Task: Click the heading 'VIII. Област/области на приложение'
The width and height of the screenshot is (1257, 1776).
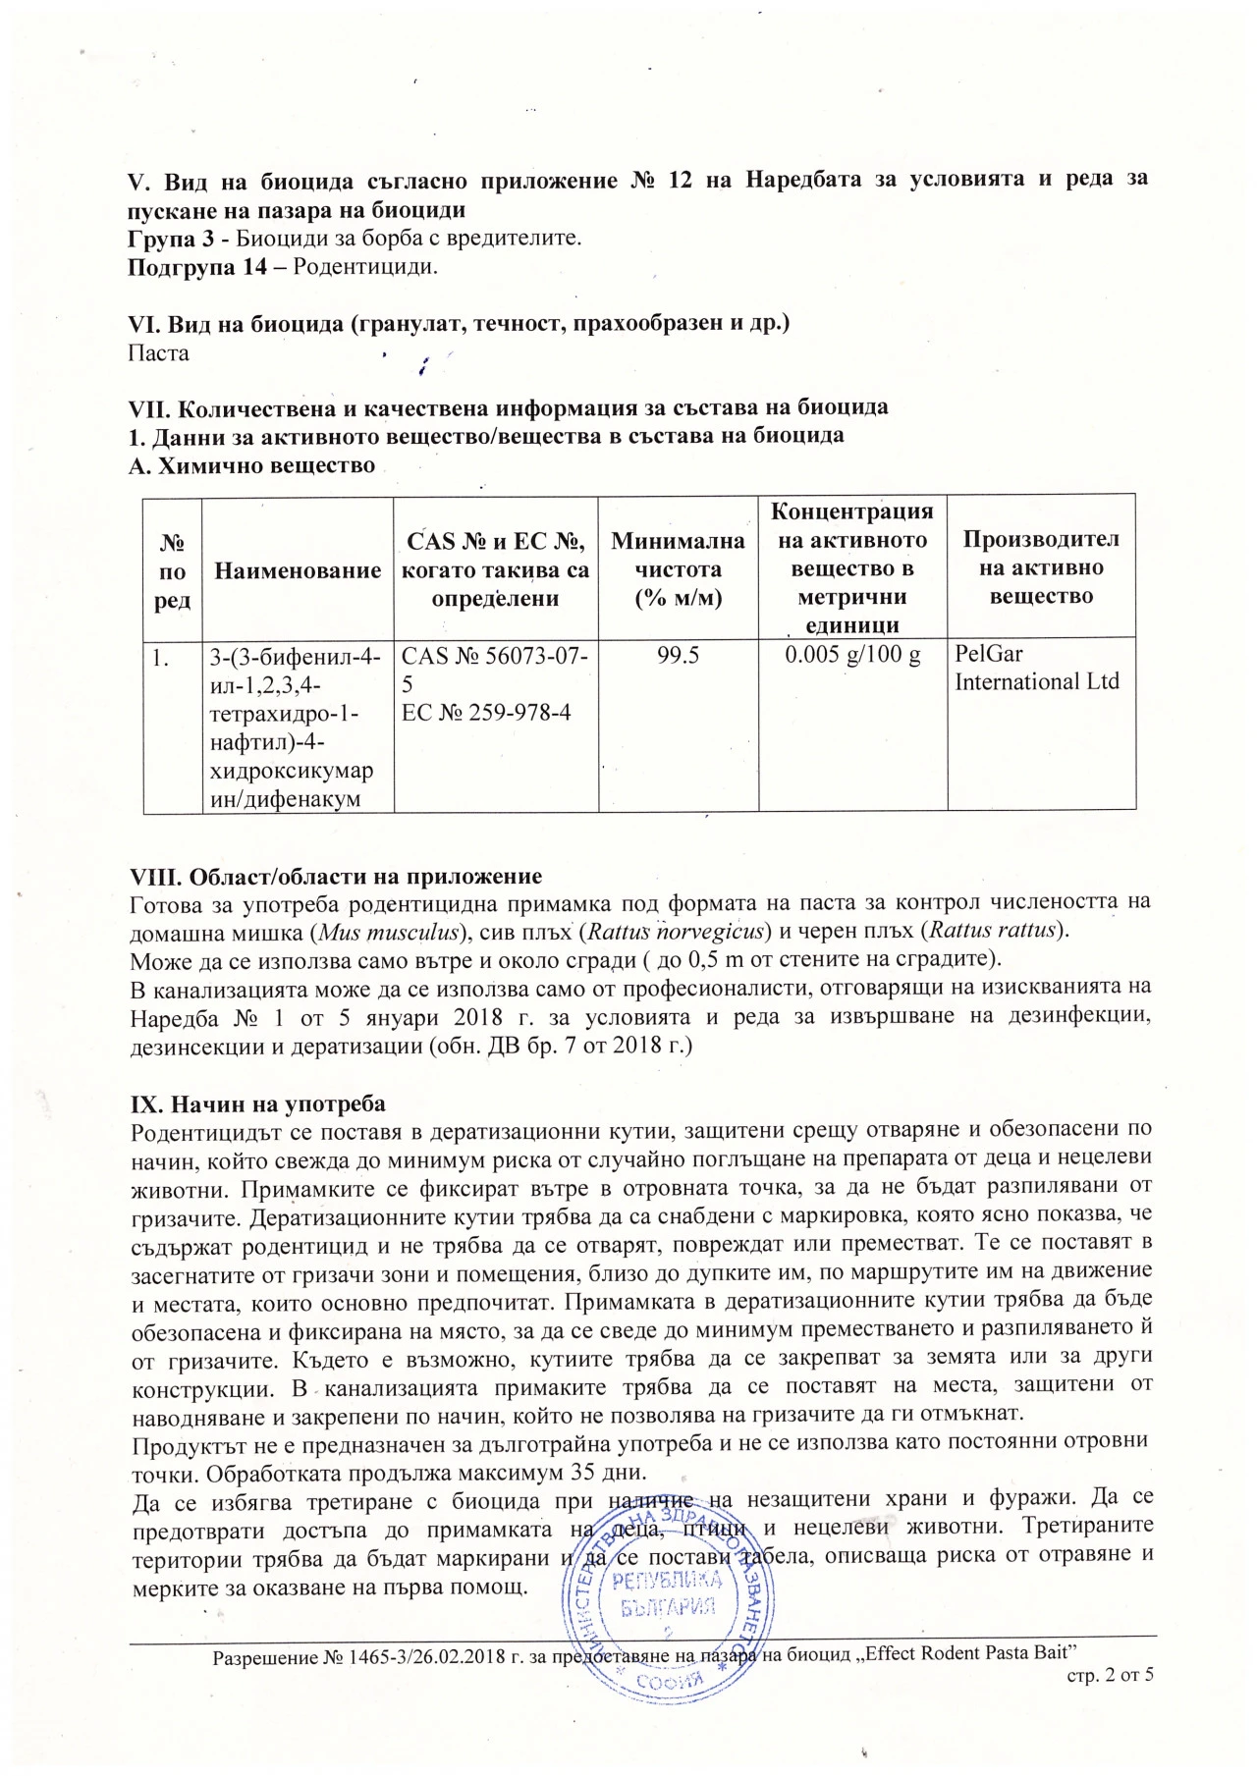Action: coord(336,876)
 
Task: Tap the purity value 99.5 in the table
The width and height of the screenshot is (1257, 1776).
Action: coord(678,655)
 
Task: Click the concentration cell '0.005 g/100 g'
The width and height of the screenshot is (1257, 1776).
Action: coord(852,655)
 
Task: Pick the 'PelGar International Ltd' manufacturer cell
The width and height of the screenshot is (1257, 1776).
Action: coord(1036,668)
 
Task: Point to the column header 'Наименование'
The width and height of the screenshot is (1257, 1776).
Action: coord(298,570)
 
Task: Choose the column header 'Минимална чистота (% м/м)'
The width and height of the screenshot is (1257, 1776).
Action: coord(678,569)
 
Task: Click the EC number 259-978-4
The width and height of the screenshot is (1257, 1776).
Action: coord(486,712)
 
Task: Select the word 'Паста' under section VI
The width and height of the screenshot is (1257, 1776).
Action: coord(159,352)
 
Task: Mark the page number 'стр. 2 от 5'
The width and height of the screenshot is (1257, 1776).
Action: coord(1110,1675)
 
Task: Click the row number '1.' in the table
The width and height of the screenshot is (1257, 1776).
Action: coord(161,656)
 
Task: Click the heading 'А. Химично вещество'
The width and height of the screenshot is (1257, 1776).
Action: coord(251,465)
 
